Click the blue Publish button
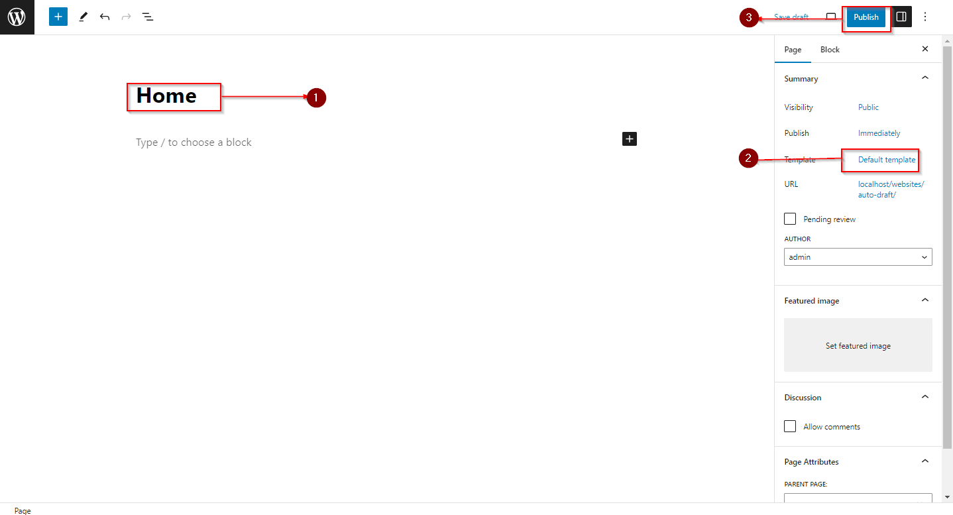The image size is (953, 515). point(866,17)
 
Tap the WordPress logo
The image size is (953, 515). point(17,17)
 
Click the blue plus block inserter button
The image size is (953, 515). point(58,17)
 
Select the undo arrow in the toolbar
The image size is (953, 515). point(105,17)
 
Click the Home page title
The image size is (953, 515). point(166,96)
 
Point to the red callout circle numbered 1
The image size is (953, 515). point(316,97)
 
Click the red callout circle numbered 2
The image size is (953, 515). point(748,158)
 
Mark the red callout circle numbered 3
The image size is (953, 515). point(749,18)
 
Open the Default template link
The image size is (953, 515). point(886,160)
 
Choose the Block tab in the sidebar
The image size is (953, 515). point(830,50)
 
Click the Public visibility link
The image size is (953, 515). point(868,107)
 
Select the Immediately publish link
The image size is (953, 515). point(879,133)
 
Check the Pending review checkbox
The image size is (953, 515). point(790,219)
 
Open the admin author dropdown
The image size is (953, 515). point(858,257)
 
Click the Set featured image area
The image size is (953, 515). point(858,345)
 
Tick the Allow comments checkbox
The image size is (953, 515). point(790,426)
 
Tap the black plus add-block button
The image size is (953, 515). point(630,139)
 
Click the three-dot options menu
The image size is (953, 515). point(925,17)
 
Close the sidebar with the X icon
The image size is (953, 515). point(925,49)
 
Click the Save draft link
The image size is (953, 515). point(791,17)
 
